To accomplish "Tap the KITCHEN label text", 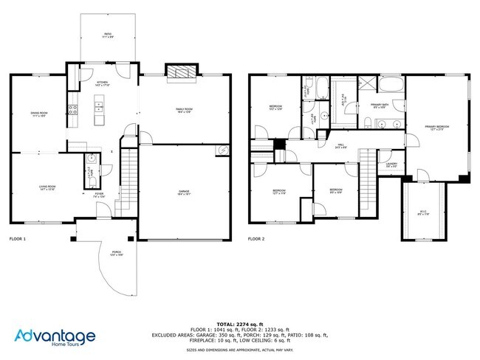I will [102, 83].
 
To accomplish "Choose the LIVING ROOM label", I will [47, 187].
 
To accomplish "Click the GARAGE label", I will [183, 192].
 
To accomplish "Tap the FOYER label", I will [98, 195].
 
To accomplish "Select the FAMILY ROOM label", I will [184, 110].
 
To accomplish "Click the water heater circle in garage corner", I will [222, 151].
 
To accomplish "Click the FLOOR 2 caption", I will [256, 239].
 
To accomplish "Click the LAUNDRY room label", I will [391, 165].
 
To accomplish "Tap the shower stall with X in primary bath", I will [366, 83].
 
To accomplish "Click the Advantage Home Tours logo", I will [52, 338].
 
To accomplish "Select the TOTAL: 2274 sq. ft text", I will [240, 324].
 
